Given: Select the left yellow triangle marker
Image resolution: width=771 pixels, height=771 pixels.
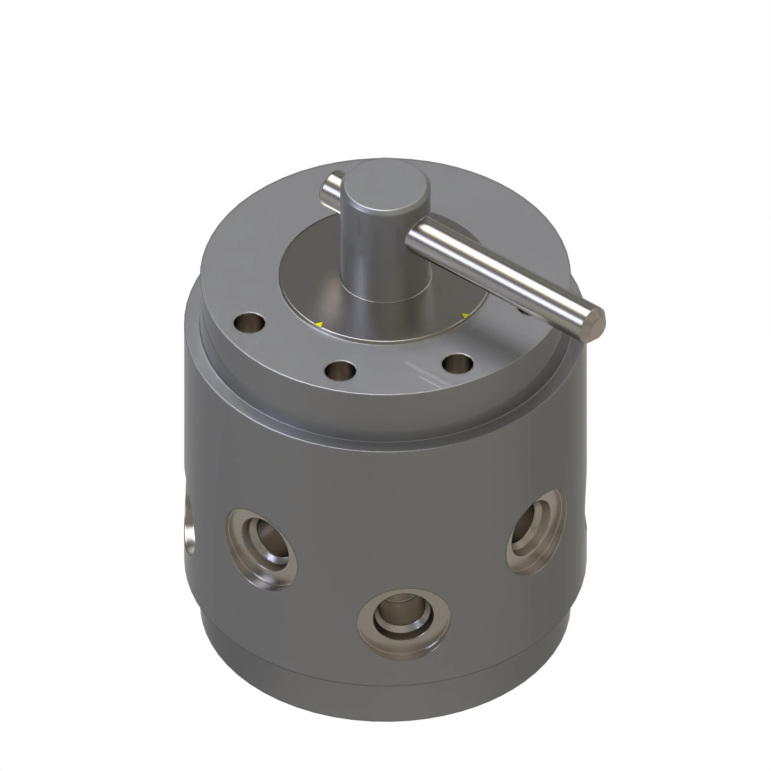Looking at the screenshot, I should point(319,325).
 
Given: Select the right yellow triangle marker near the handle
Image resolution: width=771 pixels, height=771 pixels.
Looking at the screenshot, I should point(465,316).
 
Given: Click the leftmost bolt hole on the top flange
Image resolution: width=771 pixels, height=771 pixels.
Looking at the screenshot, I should point(250,322).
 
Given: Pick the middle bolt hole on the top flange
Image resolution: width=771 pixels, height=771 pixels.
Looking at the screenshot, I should point(340,370).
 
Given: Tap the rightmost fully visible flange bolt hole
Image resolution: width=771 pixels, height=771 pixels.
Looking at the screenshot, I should point(458,364).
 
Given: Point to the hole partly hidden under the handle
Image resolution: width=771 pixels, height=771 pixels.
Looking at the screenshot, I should point(524,309).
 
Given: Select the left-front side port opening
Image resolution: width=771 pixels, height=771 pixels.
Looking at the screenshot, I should point(261,549).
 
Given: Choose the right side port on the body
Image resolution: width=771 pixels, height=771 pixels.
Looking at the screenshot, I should point(536,532).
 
